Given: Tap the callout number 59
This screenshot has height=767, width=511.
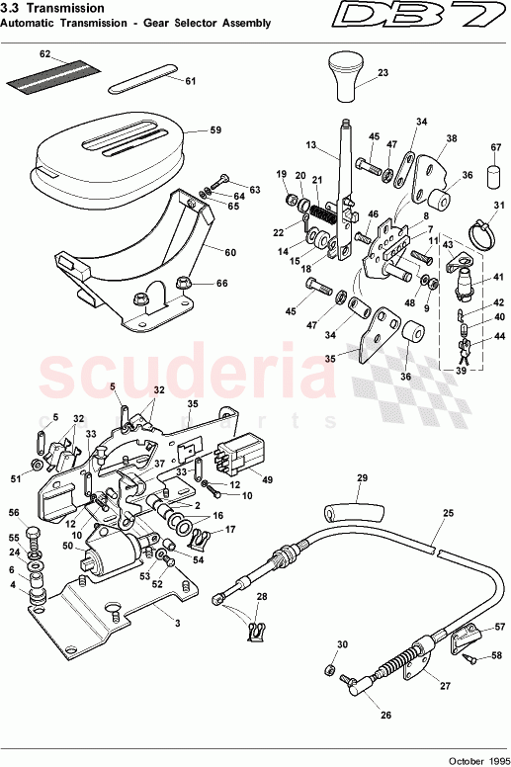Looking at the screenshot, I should coord(215,128).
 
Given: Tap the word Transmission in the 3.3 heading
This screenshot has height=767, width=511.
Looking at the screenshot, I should coord(61,7).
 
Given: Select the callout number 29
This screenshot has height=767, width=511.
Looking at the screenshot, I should coord(361,478).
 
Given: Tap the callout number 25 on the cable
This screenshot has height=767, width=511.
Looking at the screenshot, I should coord(448,514).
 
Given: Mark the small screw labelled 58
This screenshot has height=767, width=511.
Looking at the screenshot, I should coord(474,654).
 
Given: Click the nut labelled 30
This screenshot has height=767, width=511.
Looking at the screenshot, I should coord(327,671).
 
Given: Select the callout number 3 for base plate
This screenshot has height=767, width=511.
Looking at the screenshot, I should coord(177,624).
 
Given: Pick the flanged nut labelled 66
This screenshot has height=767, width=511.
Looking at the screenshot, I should coord(185,285).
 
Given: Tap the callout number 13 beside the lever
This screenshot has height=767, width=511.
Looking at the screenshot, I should coord(309,145).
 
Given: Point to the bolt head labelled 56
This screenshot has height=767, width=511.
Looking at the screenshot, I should coord(34,536).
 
